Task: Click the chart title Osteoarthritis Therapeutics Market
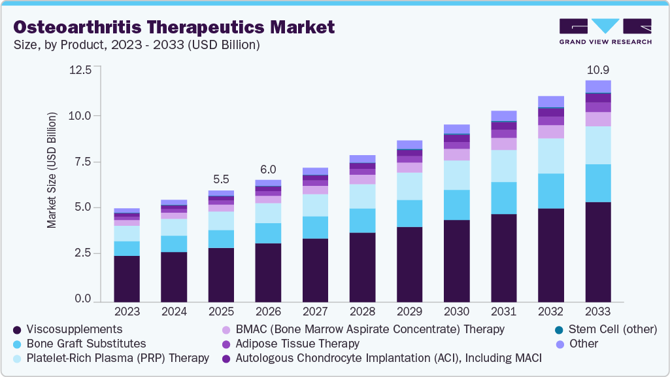[x=175, y=27]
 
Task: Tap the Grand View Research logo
[x=605, y=31]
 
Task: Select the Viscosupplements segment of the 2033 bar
[x=597, y=252]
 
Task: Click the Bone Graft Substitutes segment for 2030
[x=456, y=205]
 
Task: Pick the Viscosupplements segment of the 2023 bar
[x=127, y=278]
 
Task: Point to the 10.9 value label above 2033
[x=597, y=69]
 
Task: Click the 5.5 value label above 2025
[x=221, y=179]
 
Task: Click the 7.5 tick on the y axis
[x=83, y=162]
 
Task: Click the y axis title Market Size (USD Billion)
[x=52, y=170]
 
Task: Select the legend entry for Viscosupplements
[x=76, y=329]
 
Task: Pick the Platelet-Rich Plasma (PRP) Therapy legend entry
[x=118, y=357]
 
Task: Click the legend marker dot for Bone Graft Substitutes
[x=17, y=344]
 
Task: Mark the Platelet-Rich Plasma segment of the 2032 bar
[x=550, y=156]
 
